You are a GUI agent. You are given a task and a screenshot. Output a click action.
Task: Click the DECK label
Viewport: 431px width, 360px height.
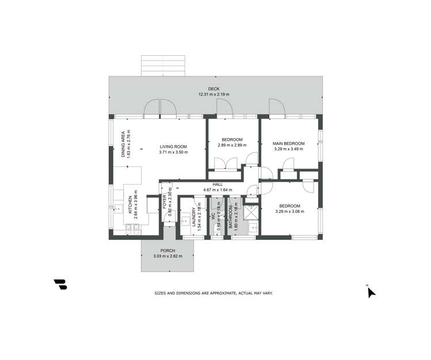click(213, 89)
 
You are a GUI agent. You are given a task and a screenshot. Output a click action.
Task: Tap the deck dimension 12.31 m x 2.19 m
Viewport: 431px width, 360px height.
click(213, 94)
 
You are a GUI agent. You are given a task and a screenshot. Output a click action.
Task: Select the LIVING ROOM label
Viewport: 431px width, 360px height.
click(174, 147)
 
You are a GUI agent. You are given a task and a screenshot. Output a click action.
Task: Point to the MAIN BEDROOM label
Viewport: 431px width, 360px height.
click(288, 143)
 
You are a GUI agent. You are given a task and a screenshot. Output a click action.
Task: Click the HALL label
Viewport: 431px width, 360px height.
click(218, 184)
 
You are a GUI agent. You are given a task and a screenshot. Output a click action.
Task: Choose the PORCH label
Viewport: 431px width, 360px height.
click(168, 250)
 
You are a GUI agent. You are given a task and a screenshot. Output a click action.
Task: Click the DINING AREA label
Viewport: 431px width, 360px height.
click(123, 144)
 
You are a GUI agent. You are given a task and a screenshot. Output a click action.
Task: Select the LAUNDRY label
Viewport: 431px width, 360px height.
click(193, 219)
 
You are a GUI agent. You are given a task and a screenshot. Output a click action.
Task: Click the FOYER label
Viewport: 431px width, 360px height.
click(164, 201)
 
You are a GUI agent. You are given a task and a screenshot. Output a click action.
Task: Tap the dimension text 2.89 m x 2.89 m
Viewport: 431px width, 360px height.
click(232, 145)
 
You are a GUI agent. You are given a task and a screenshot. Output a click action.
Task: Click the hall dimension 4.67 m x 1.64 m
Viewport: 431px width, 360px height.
click(218, 190)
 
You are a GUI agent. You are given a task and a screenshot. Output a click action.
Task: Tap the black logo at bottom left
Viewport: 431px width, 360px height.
click(60, 284)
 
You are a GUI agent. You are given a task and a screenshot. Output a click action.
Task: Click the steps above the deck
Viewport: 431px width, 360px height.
click(163, 66)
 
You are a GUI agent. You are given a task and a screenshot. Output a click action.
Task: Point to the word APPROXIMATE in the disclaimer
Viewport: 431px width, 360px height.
click(219, 293)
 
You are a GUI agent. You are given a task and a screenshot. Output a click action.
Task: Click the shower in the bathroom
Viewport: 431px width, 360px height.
click(251, 212)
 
